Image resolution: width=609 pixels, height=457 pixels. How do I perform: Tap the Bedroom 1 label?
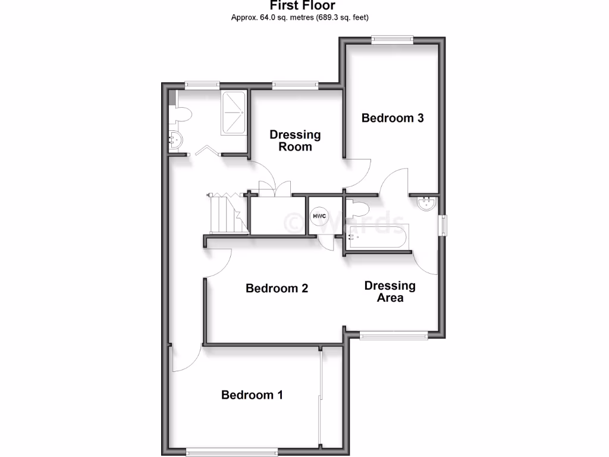coord(252,395)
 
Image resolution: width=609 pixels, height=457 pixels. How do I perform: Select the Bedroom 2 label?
coord(277,289)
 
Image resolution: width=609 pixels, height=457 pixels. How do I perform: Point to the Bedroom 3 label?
coord(393,118)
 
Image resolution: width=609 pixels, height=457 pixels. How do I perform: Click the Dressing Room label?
coord(295,140)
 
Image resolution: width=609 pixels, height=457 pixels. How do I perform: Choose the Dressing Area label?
coord(390,292)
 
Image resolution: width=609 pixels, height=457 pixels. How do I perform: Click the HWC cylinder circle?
coord(319,215)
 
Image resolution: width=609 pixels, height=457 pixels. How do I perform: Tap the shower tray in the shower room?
coord(233,113)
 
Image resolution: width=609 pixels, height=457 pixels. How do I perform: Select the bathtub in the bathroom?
coord(377,239)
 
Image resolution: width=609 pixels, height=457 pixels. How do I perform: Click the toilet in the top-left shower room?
coord(182,114)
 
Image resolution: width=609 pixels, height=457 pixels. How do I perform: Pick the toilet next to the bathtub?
coord(359,209)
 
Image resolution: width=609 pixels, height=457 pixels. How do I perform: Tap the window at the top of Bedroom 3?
coord(392,39)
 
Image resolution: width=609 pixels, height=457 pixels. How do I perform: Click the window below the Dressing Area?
coord(394,336)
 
